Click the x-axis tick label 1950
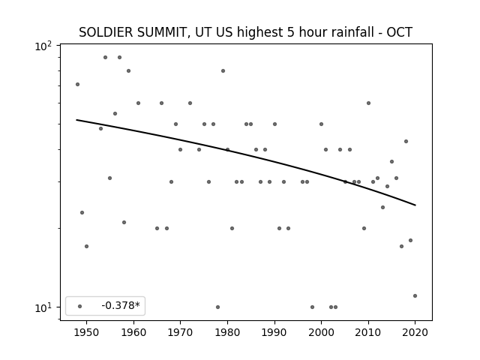tap(87, 332)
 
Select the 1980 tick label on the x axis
tap(227, 332)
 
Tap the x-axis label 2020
tap(415, 332)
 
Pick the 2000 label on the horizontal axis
tap(321, 332)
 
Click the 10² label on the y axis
tap(43, 46)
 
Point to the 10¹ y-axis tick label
tap(43, 308)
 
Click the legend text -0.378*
tap(121, 305)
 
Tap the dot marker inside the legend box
tap(80, 306)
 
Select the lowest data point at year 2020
tap(415, 295)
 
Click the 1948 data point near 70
tap(77, 84)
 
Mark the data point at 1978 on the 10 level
tap(217, 307)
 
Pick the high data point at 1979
tap(223, 70)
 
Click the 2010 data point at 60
tap(368, 103)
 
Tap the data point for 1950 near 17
tap(87, 246)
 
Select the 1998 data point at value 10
tap(312, 307)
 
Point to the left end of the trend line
tap(76, 120)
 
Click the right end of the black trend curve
tap(415, 205)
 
